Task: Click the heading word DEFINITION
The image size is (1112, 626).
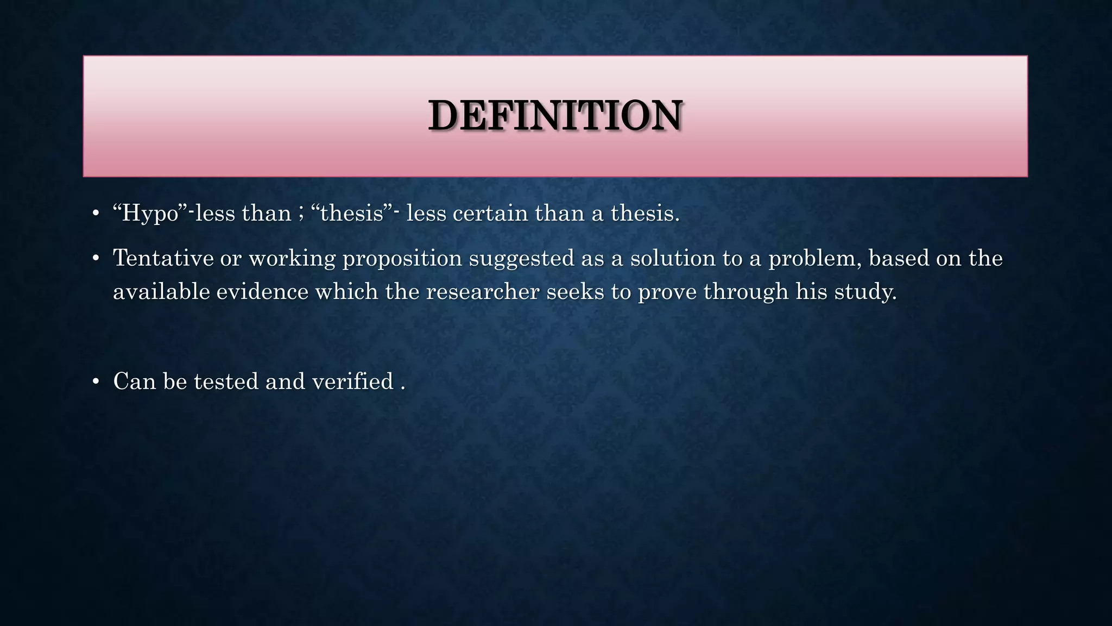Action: click(555, 116)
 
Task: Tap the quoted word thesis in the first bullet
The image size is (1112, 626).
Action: click(352, 213)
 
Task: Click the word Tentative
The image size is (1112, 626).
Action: click(163, 258)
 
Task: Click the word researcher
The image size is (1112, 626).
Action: click(482, 292)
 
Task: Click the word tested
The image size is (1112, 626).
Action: click(226, 381)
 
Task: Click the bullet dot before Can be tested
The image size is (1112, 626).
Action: click(96, 382)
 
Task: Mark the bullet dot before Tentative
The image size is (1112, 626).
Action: click(96, 259)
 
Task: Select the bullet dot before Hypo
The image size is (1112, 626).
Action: click(96, 214)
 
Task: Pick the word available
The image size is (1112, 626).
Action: click(161, 292)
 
